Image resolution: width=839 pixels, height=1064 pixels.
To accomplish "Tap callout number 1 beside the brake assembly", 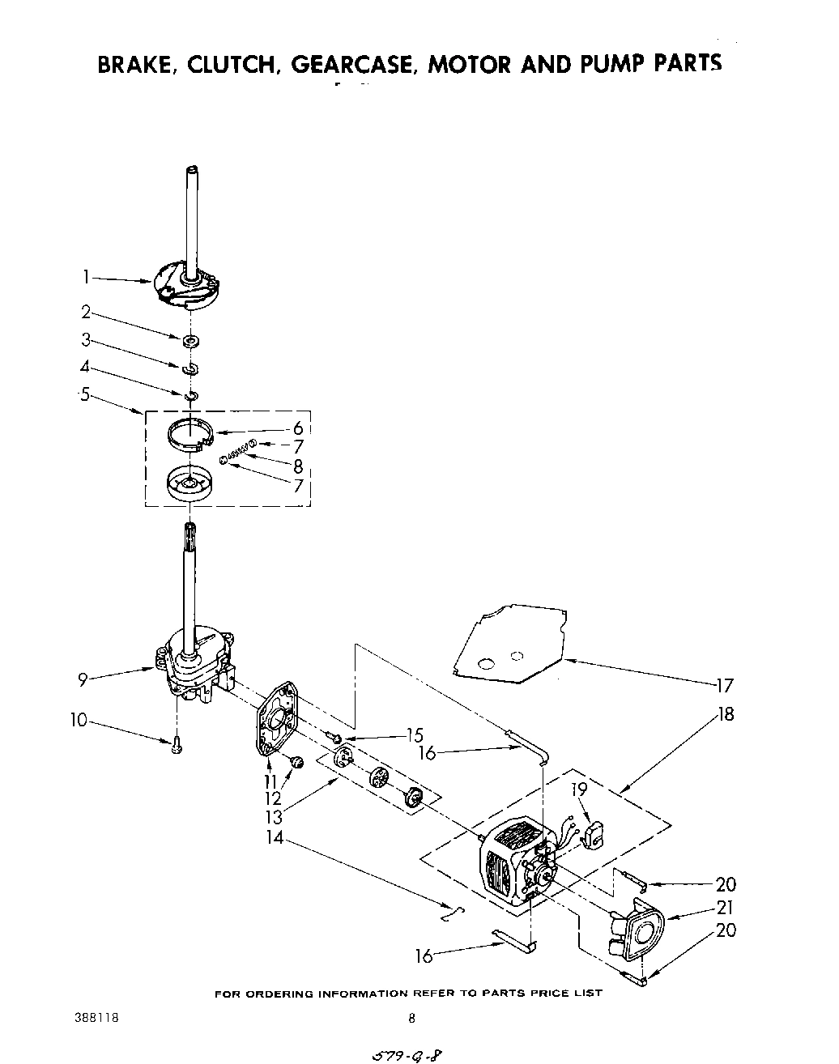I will pos(85,278).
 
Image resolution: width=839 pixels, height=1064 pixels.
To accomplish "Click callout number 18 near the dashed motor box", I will pos(726,714).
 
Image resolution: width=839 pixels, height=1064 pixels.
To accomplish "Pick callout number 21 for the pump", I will pos(726,909).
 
